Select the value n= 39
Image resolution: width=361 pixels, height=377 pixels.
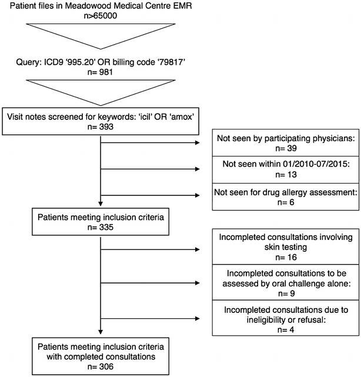(x=286, y=148)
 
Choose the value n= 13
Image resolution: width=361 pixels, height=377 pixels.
(x=286, y=175)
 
